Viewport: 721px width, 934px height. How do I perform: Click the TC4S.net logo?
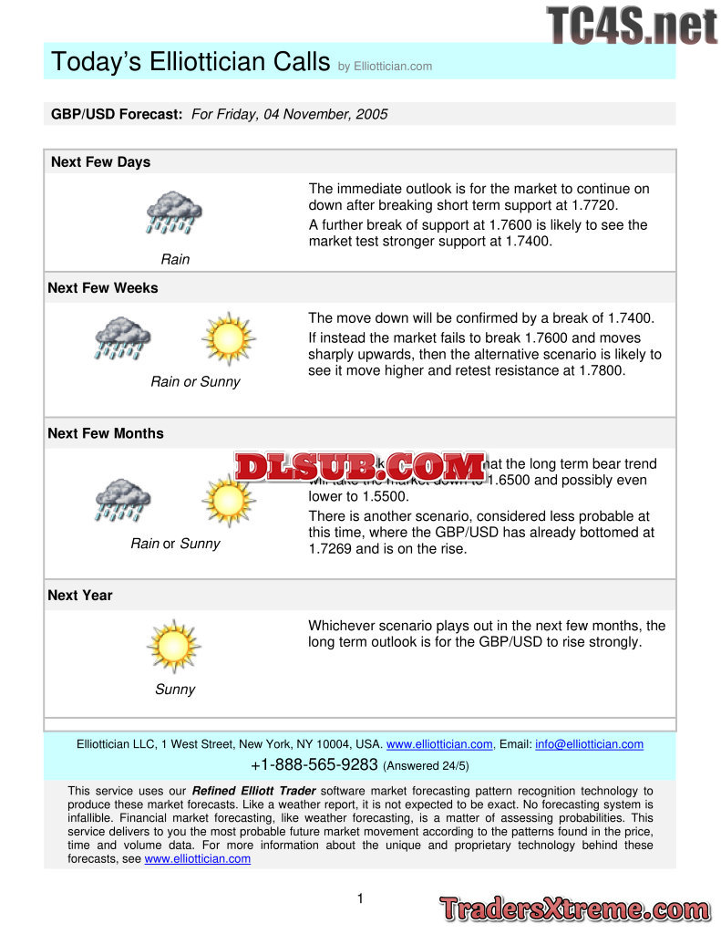[x=632, y=25]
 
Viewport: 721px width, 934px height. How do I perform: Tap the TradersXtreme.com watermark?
[x=574, y=908]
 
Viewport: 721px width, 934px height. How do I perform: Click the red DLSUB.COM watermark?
[x=359, y=467]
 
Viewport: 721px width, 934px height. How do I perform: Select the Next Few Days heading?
[x=100, y=162]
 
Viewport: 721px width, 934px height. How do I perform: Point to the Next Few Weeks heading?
[x=103, y=288]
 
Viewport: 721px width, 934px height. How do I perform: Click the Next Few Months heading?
[x=106, y=434]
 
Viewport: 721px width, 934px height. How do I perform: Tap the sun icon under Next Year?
[x=173, y=646]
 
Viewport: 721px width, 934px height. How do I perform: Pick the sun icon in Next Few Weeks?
[x=227, y=338]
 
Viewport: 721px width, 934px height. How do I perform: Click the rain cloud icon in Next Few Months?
[x=123, y=500]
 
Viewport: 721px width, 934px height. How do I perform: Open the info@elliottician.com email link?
[x=589, y=744]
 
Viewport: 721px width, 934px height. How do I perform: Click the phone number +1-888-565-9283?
[x=314, y=764]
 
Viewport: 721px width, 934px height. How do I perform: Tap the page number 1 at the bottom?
[x=360, y=899]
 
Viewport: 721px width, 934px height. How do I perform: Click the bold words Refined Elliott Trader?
[x=254, y=791]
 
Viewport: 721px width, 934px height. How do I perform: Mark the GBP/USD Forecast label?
[x=117, y=114]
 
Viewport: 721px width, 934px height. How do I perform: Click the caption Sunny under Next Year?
[x=174, y=690]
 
